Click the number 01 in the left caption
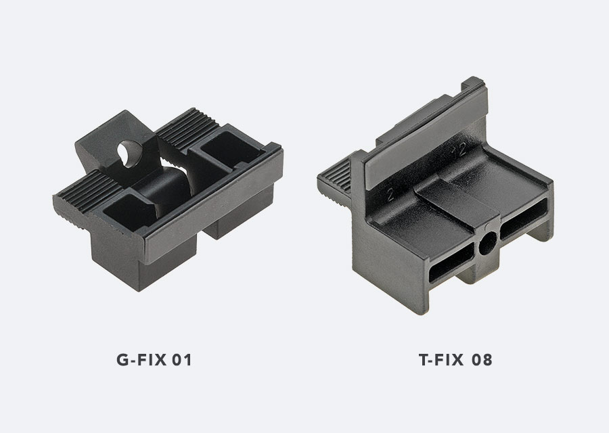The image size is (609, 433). (181, 360)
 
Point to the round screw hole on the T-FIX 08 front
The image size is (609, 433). (487, 246)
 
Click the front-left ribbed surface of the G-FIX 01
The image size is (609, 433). (81, 198)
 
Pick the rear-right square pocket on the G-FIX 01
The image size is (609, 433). (227, 150)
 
